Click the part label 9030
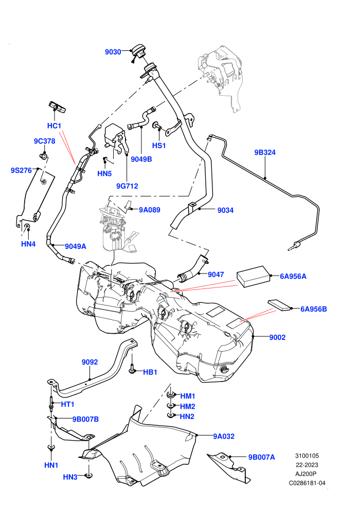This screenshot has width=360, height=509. [x=113, y=52]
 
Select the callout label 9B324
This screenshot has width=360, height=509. [x=265, y=152]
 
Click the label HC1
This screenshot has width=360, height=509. [x=54, y=125]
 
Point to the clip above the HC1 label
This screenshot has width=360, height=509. [x=58, y=107]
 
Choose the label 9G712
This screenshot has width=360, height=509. [x=127, y=186]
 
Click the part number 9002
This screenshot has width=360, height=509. [x=277, y=337]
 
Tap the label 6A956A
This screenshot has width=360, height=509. [x=293, y=276]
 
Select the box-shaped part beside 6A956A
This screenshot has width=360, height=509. [x=254, y=276]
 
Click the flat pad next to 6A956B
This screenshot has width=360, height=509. [x=279, y=305]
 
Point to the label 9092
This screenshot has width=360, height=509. [x=89, y=362]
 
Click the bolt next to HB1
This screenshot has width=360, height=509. [x=132, y=367]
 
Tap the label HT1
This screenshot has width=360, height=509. [x=68, y=404]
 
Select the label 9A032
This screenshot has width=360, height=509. [x=224, y=437]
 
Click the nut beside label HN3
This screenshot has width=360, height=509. [x=88, y=476]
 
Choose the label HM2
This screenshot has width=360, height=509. [x=188, y=406]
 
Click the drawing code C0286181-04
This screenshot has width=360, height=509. [x=307, y=483]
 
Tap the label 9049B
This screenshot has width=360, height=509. [x=141, y=159]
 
